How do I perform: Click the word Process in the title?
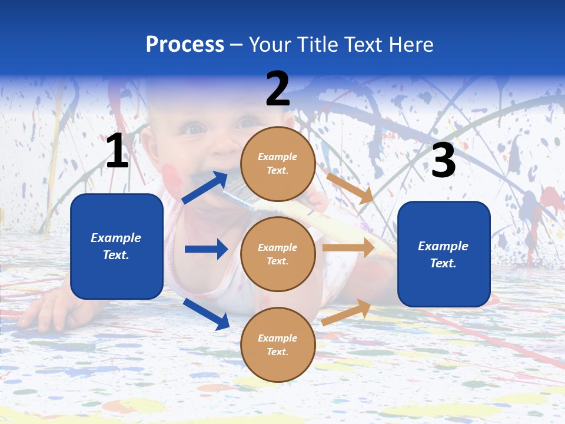(x=185, y=44)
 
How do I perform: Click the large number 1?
(x=117, y=151)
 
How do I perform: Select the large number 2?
(x=278, y=89)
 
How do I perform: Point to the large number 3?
(x=443, y=160)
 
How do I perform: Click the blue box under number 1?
(x=117, y=246)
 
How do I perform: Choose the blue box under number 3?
(x=444, y=254)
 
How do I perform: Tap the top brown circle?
(x=278, y=163)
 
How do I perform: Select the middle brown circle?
(x=278, y=254)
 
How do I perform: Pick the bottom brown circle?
(x=278, y=344)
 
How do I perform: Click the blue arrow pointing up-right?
(x=205, y=188)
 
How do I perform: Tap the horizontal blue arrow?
(x=206, y=249)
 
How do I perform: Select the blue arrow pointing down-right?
(x=207, y=314)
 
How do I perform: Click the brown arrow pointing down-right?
(x=350, y=188)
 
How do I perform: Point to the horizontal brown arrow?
(x=348, y=248)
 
